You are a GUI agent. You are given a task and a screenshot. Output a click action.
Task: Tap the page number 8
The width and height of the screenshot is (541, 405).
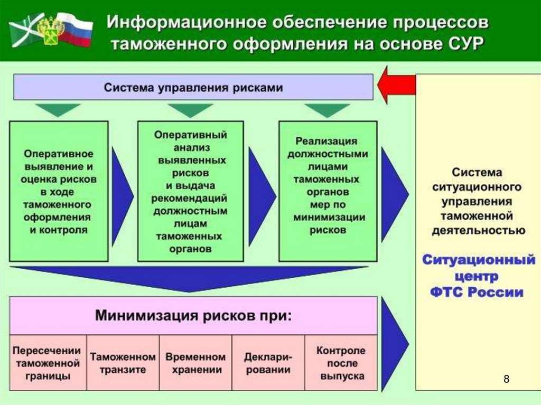507,379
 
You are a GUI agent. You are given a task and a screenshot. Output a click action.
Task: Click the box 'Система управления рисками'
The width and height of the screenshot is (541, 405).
193,87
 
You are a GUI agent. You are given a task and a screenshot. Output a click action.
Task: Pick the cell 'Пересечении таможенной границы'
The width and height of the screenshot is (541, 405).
48,363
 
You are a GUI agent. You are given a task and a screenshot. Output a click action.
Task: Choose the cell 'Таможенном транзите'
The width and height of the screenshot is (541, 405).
123,363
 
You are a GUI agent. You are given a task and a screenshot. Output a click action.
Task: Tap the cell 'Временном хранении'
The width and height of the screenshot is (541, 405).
195,363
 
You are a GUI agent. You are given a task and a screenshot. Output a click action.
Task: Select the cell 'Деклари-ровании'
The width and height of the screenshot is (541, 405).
267,363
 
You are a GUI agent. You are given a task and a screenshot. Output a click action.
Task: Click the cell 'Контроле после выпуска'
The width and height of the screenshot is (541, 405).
341,363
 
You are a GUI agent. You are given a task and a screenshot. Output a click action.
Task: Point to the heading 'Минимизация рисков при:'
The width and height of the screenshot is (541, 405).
193,316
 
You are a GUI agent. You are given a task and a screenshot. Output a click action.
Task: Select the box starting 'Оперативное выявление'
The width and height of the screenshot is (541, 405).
59,191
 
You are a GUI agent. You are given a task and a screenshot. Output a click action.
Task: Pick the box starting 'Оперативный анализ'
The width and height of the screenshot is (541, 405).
190,191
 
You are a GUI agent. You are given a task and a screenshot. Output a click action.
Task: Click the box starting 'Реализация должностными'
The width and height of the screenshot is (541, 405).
328,191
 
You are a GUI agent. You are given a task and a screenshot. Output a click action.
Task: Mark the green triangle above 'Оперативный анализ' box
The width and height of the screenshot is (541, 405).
190,109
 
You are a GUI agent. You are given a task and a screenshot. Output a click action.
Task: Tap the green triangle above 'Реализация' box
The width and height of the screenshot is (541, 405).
327,109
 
